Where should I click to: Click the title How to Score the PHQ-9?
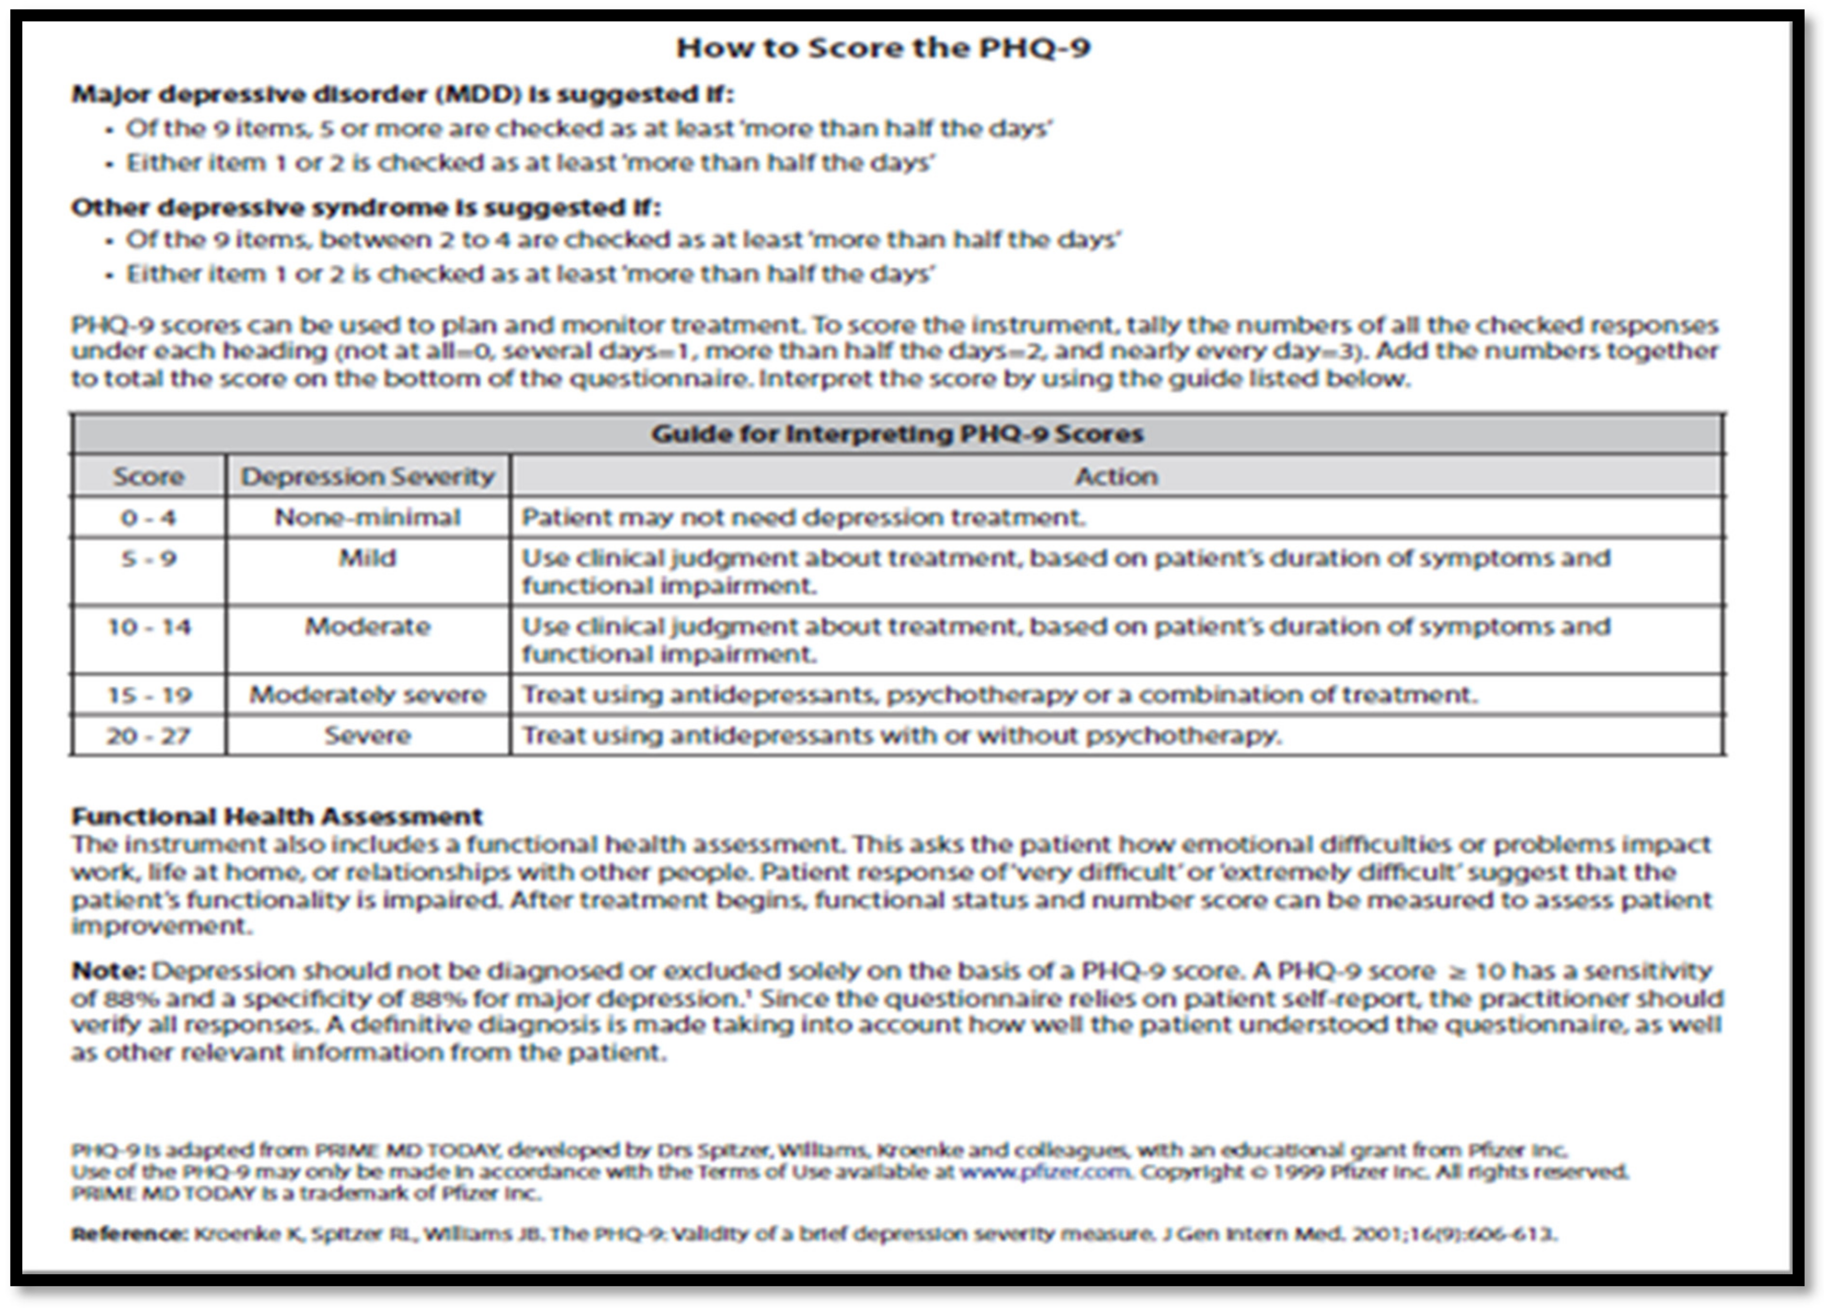pyautogui.click(x=883, y=48)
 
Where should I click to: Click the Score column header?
pyautogui.click(x=149, y=476)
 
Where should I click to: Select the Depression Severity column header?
pyautogui.click(x=368, y=476)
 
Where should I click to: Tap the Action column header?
pyautogui.click(x=1116, y=476)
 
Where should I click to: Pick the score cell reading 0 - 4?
pyautogui.click(x=149, y=517)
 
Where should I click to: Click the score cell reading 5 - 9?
pyautogui.click(x=149, y=558)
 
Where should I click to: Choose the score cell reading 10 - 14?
pyautogui.click(x=149, y=627)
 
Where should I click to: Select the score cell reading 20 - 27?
pyautogui.click(x=149, y=735)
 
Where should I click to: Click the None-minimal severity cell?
pyautogui.click(x=368, y=517)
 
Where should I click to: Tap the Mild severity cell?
pyautogui.click(x=368, y=558)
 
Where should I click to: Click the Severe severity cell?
pyautogui.click(x=368, y=735)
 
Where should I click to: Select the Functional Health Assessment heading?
pyautogui.click(x=277, y=817)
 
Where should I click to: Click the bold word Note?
pyautogui.click(x=108, y=971)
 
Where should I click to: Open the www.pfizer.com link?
pyautogui.click(x=1045, y=1171)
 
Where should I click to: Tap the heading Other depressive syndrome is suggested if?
pyautogui.click(x=366, y=208)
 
